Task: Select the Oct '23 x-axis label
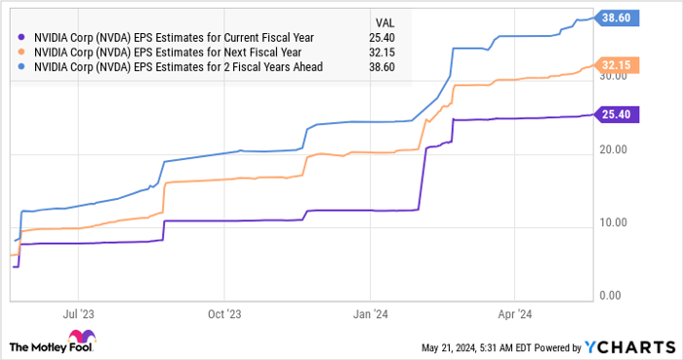[x=223, y=315]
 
